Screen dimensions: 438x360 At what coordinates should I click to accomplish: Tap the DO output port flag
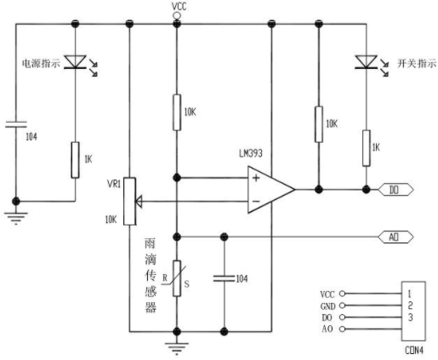click(395, 190)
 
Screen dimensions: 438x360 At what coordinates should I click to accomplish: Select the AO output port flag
click(395, 237)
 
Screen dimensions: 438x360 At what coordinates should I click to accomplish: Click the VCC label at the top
click(179, 7)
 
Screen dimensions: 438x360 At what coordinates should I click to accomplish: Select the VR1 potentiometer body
click(129, 202)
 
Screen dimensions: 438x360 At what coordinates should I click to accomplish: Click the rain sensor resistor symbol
click(177, 278)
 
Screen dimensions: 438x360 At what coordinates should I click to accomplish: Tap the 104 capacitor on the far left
click(16, 124)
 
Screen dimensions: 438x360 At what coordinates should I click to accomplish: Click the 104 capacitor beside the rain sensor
click(225, 278)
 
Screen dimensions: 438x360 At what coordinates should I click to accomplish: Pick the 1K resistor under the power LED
click(75, 160)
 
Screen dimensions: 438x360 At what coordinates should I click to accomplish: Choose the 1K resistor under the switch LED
click(367, 148)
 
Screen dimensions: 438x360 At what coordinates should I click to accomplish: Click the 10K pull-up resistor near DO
click(319, 124)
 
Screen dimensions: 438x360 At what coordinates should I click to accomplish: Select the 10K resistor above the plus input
click(177, 112)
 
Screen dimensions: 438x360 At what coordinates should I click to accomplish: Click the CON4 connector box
click(413, 311)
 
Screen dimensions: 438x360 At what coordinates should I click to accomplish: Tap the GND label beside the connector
click(328, 306)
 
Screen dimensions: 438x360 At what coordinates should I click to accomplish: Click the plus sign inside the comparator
click(256, 178)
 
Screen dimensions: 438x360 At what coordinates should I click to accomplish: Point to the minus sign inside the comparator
click(256, 202)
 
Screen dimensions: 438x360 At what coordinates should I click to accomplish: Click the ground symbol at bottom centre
click(177, 348)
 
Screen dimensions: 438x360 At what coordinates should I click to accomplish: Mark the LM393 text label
click(251, 153)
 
